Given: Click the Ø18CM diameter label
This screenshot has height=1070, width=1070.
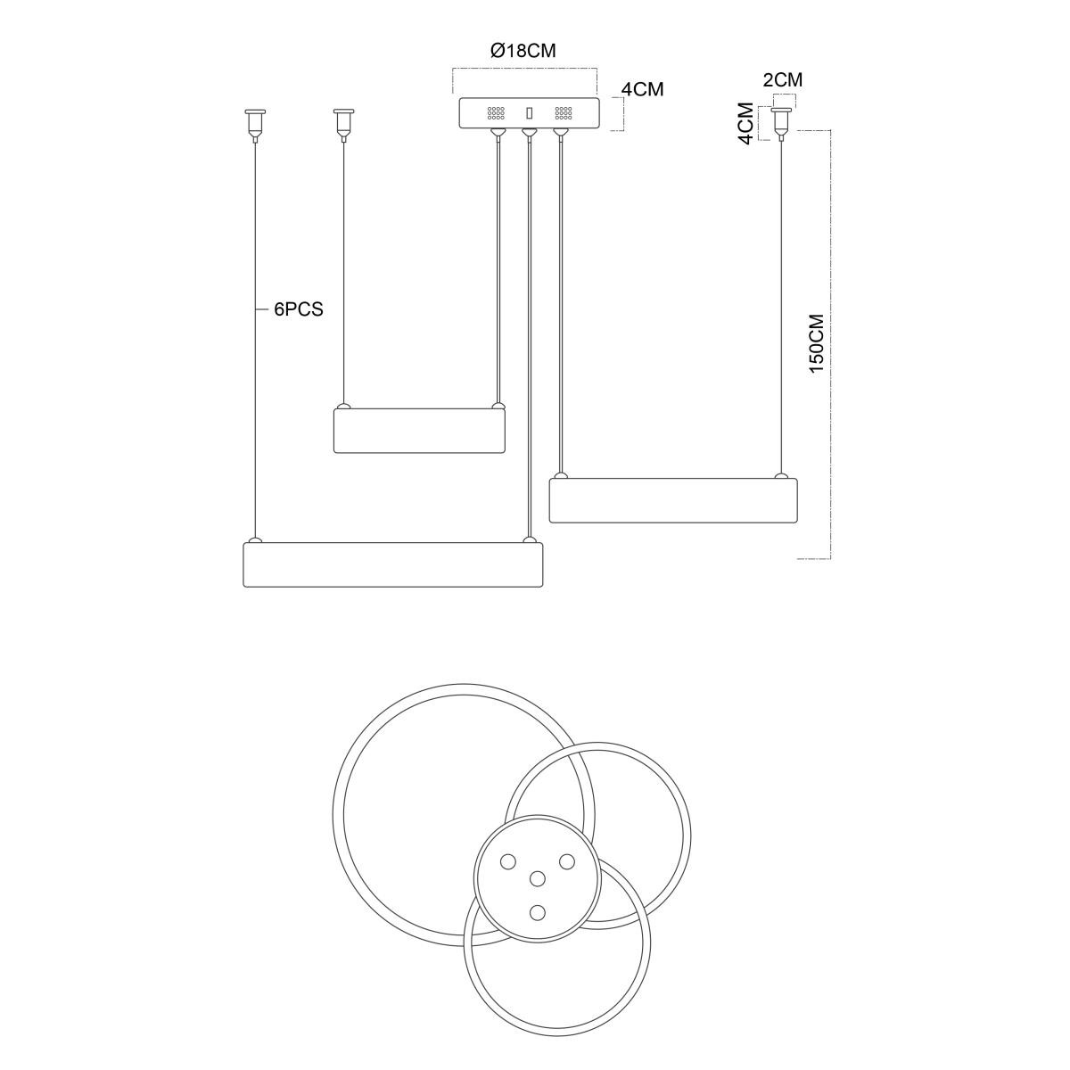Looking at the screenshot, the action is pyautogui.click(x=523, y=51).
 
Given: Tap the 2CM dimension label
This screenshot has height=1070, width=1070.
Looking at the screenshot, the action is pyautogui.click(x=782, y=80).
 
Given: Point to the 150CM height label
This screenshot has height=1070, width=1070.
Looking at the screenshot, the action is pyautogui.click(x=817, y=343).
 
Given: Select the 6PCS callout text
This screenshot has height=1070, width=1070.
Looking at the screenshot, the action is pyautogui.click(x=298, y=309).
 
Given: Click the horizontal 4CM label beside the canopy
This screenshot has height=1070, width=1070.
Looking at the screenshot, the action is pyautogui.click(x=642, y=89).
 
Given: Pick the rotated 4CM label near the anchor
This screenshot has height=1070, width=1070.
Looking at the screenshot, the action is pyautogui.click(x=747, y=123).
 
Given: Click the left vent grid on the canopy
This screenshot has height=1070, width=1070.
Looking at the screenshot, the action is pyautogui.click(x=496, y=114).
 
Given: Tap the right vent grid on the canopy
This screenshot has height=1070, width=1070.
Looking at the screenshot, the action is pyautogui.click(x=564, y=114).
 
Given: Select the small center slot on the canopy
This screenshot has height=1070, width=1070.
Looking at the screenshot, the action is pyautogui.click(x=529, y=113).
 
